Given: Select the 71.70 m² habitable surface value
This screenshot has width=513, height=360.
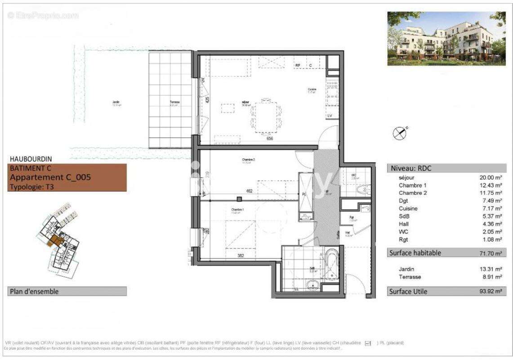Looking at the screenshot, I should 491,253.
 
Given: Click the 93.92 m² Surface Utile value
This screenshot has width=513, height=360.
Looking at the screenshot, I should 491,292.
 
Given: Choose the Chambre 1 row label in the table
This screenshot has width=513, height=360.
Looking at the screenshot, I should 412,185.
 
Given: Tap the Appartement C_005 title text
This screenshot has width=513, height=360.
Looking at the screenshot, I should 50,177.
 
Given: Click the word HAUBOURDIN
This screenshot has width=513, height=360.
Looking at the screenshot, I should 31,159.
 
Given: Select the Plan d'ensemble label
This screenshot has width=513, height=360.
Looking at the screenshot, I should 34,292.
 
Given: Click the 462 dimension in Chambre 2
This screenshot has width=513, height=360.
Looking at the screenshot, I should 249,191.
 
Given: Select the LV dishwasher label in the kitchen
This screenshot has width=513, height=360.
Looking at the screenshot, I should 330,116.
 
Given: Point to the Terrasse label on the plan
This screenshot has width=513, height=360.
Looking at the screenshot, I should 174,102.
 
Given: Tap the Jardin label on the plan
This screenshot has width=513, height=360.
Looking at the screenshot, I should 116,102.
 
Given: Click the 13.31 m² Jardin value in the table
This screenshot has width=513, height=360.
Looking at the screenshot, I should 491,270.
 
